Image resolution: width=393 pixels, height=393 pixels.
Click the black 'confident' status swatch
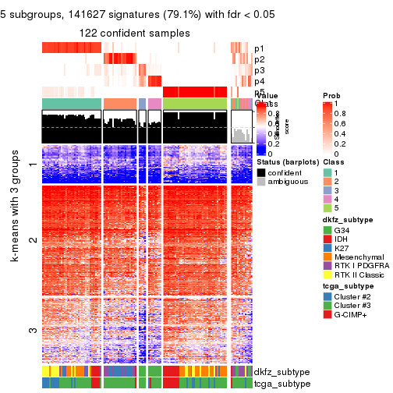[261, 172]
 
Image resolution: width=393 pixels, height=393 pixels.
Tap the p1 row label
[259, 48]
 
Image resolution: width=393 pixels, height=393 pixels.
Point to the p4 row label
[259, 81]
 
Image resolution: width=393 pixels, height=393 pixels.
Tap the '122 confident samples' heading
[135, 33]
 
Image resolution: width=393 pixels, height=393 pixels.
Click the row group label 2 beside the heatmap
[32, 239]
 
